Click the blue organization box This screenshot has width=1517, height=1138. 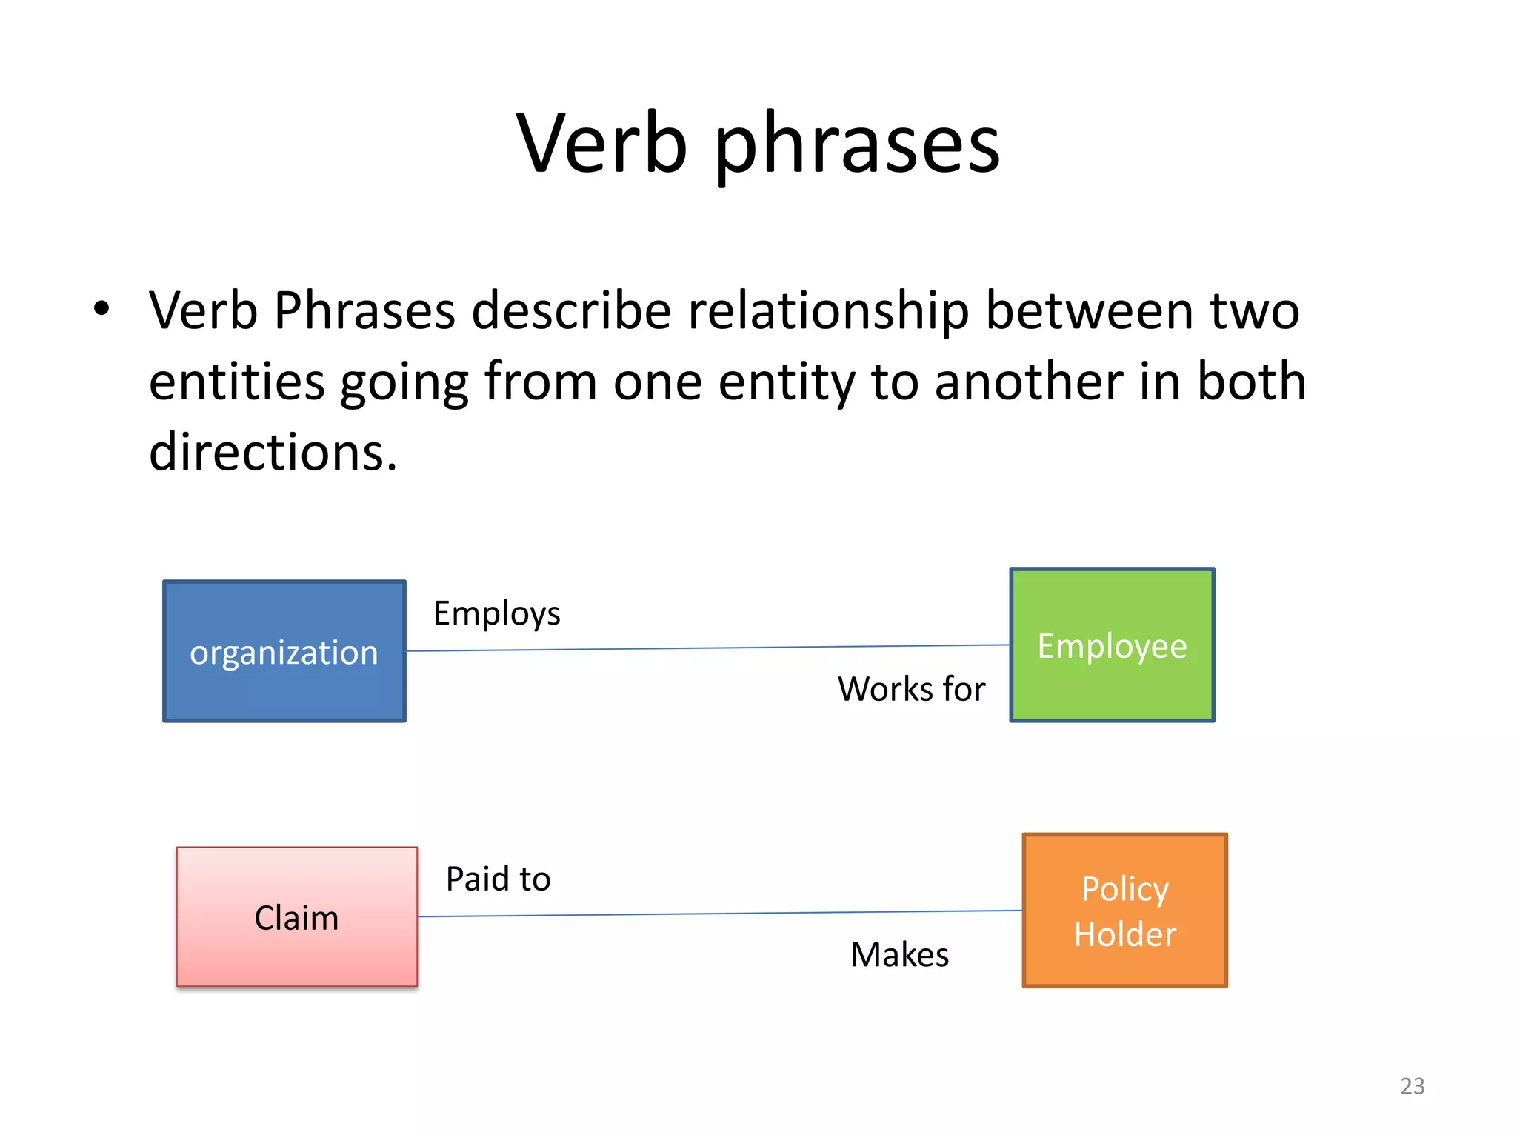pyautogui.click(x=284, y=651)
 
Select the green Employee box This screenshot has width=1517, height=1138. pyautogui.click(x=1112, y=645)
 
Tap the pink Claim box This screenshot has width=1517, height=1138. pyautogui.click(x=297, y=917)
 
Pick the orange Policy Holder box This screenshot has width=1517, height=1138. pyautogui.click(x=1124, y=911)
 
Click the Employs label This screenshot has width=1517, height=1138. pyautogui.click(x=496, y=614)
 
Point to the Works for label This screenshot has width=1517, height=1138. pyautogui.click(x=911, y=689)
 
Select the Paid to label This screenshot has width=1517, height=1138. pyautogui.click(x=498, y=879)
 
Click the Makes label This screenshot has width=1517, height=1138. pyautogui.click(x=899, y=954)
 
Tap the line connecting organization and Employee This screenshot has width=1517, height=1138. pyautogui.click(x=707, y=648)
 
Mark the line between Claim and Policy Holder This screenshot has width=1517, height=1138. pyautogui.click(x=719, y=914)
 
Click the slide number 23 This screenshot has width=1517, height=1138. pyautogui.click(x=1412, y=1086)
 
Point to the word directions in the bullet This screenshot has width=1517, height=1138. pyautogui.click(x=273, y=452)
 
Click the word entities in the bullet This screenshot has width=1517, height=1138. pyautogui.click(x=236, y=382)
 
